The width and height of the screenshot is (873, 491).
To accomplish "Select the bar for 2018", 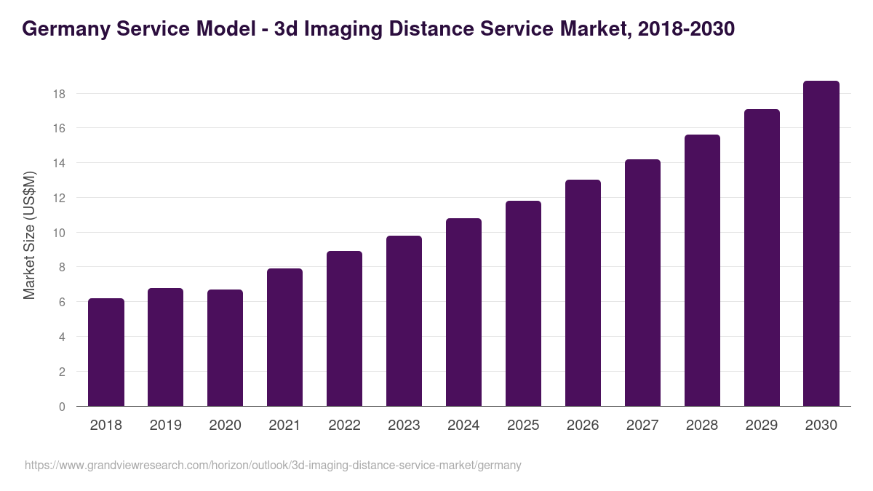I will [106, 353].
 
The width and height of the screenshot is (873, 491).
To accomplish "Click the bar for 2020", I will [226, 348].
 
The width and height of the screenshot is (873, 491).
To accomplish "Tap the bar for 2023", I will [404, 321].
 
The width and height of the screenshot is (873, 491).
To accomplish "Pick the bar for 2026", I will [583, 293].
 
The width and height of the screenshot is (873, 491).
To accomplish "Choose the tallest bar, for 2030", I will [821, 244].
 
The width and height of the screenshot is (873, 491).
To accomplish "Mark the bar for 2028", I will [702, 271].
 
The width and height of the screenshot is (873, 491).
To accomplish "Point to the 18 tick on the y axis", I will [59, 94].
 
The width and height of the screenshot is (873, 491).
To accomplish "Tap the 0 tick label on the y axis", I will [62, 407].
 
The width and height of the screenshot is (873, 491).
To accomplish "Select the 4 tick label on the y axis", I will [62, 337].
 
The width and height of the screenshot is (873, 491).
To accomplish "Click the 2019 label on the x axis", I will [166, 426].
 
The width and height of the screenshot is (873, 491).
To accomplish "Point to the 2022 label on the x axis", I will [344, 426].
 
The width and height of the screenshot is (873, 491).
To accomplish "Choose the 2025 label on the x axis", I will [523, 426].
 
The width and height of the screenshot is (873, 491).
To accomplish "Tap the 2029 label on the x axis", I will [762, 426].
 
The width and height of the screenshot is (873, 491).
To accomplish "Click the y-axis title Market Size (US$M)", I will [29, 235].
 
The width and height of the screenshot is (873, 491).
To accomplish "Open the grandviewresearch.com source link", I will [273, 465].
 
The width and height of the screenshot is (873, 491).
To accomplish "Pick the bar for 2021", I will [284, 338].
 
